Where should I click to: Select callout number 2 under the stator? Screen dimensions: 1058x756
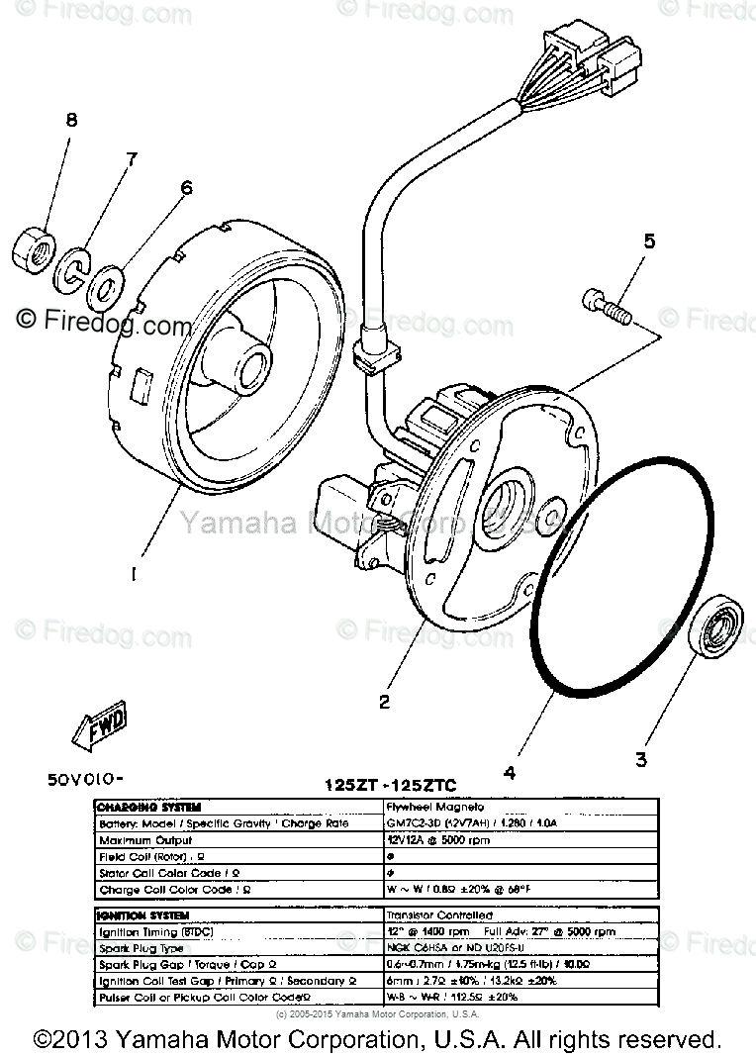(384, 702)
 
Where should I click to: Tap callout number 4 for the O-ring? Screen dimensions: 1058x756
(509, 773)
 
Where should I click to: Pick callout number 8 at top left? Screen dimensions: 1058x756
(70, 121)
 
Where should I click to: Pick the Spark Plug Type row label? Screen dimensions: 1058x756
(144, 947)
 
